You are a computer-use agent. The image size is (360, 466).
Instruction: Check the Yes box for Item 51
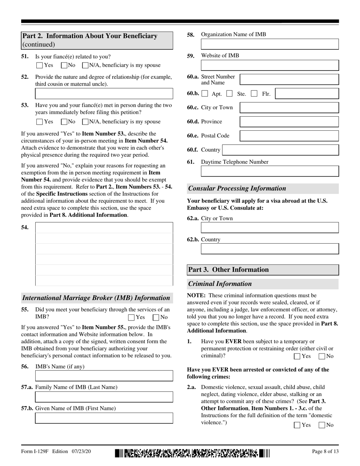(x=39, y=65)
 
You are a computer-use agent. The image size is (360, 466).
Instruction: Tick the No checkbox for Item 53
(x=64, y=122)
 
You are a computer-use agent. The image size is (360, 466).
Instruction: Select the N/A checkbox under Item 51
(x=85, y=65)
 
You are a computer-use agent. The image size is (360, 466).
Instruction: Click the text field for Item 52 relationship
(x=104, y=94)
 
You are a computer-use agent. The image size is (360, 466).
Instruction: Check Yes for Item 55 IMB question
(x=131, y=317)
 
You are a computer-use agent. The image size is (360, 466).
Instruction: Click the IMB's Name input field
(x=104, y=376)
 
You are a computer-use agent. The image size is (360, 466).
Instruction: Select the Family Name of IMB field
(x=104, y=397)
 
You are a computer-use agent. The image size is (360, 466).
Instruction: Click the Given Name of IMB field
(x=104, y=418)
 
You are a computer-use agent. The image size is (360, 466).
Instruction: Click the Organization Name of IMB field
(x=269, y=44)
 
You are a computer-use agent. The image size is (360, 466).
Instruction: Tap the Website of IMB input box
(x=269, y=65)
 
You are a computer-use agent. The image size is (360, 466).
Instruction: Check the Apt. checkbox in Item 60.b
(x=205, y=93)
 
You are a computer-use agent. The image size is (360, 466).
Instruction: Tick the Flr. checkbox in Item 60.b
(x=255, y=93)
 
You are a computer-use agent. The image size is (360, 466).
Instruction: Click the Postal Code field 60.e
(x=290, y=136)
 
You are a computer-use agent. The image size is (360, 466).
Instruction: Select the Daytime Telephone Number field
(x=269, y=171)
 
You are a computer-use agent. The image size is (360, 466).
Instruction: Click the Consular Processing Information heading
(x=237, y=188)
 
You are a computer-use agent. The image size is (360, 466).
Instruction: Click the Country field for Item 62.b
(x=269, y=249)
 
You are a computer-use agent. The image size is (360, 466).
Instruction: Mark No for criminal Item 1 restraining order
(x=322, y=356)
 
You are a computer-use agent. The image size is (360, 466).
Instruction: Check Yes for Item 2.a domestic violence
(x=297, y=425)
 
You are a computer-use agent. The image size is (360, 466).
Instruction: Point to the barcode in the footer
(x=193, y=452)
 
